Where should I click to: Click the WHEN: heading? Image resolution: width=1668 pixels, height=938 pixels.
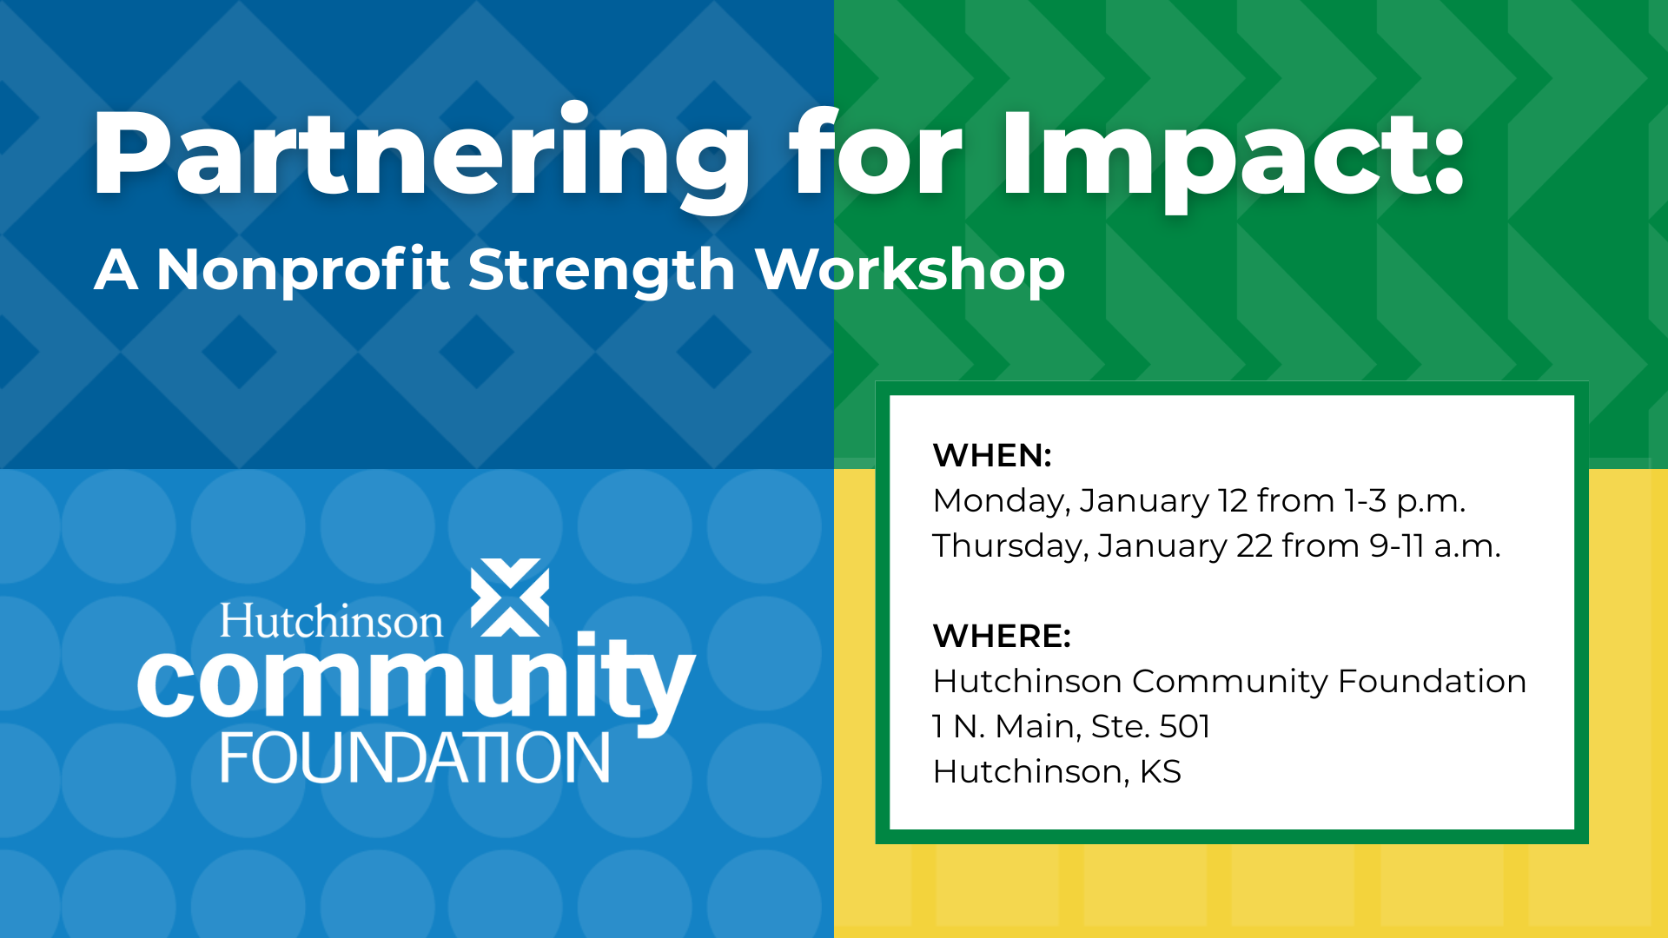coord(992,455)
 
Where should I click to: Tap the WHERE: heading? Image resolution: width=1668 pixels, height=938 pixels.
coord(1002,636)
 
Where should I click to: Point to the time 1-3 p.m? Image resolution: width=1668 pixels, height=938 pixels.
coord(1406,502)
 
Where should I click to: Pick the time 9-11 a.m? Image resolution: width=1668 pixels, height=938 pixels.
coord(1435,547)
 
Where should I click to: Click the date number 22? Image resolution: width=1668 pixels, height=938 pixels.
coord(1254,546)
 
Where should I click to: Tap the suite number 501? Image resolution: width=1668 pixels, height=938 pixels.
coord(1185,726)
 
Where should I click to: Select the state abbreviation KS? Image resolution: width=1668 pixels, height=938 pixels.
coord(1161,771)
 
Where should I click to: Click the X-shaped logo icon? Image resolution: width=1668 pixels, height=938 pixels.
coord(510,598)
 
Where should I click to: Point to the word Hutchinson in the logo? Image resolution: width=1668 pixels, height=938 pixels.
coord(331,621)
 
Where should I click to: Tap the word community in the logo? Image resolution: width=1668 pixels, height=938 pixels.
coord(417,682)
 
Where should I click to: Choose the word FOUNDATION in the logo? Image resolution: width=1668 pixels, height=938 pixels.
coord(415,757)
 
